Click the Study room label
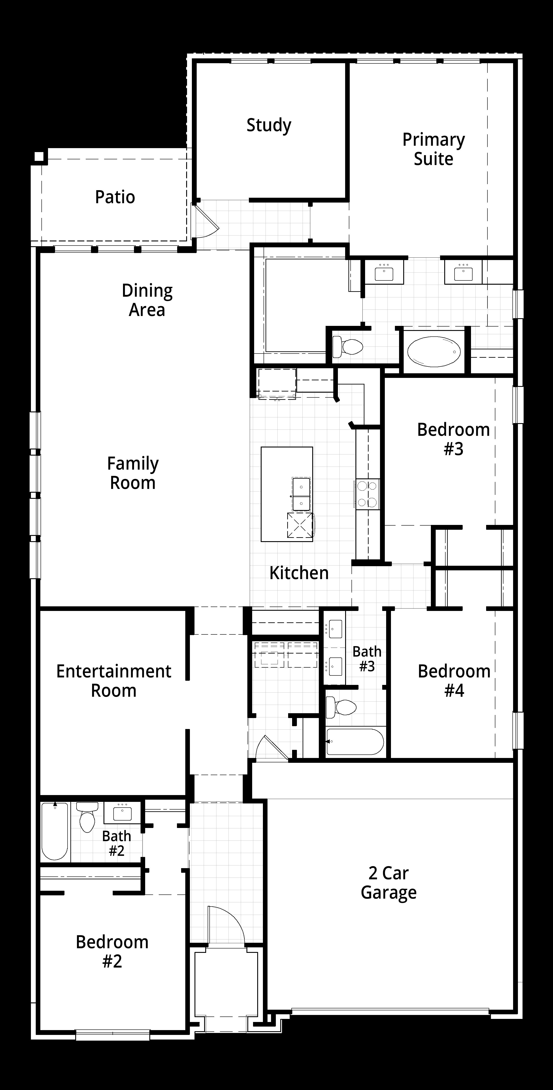(269, 125)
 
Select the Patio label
(115, 197)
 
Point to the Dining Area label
(147, 300)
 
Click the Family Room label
(133, 473)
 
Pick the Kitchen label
(299, 573)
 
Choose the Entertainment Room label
(114, 681)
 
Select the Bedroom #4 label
(454, 681)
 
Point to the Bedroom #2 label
(112, 952)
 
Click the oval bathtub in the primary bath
(434, 351)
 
